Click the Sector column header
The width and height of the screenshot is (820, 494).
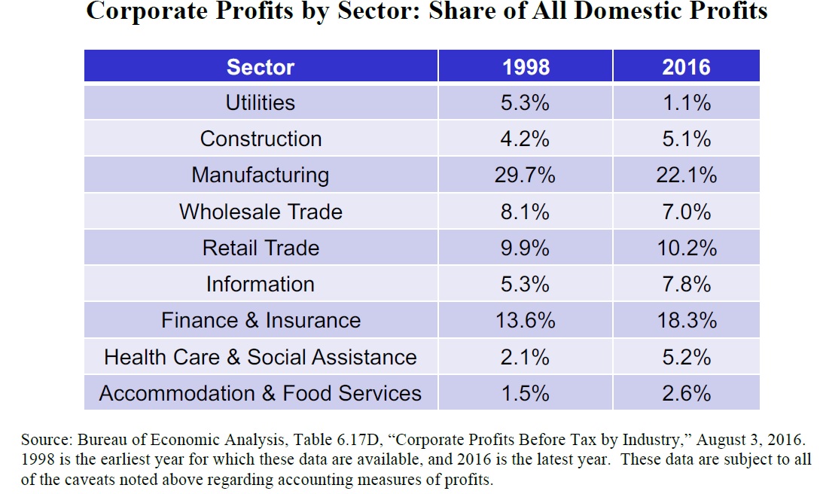(261, 67)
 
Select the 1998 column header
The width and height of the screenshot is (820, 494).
(526, 67)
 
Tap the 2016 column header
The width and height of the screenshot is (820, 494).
(686, 67)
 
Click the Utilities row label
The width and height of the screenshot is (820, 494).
(261, 102)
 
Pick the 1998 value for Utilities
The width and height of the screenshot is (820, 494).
(526, 102)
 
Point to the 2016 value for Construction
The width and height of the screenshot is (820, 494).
(686, 139)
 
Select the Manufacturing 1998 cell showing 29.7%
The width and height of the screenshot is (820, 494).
(526, 175)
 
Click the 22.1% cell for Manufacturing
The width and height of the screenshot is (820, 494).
(686, 175)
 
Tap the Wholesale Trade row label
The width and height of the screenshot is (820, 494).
(261, 212)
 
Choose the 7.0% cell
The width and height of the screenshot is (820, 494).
(686, 212)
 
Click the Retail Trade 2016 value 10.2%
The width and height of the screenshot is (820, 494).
(686, 248)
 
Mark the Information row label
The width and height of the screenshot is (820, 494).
(261, 284)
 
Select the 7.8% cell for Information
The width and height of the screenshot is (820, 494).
(686, 284)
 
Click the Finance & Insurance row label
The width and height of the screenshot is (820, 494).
(261, 320)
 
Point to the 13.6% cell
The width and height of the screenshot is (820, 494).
(526, 320)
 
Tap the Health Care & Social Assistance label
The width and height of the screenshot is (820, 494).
(261, 356)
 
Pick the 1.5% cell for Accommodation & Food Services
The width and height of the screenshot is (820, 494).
(526, 392)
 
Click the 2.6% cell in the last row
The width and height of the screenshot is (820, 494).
(686, 392)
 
